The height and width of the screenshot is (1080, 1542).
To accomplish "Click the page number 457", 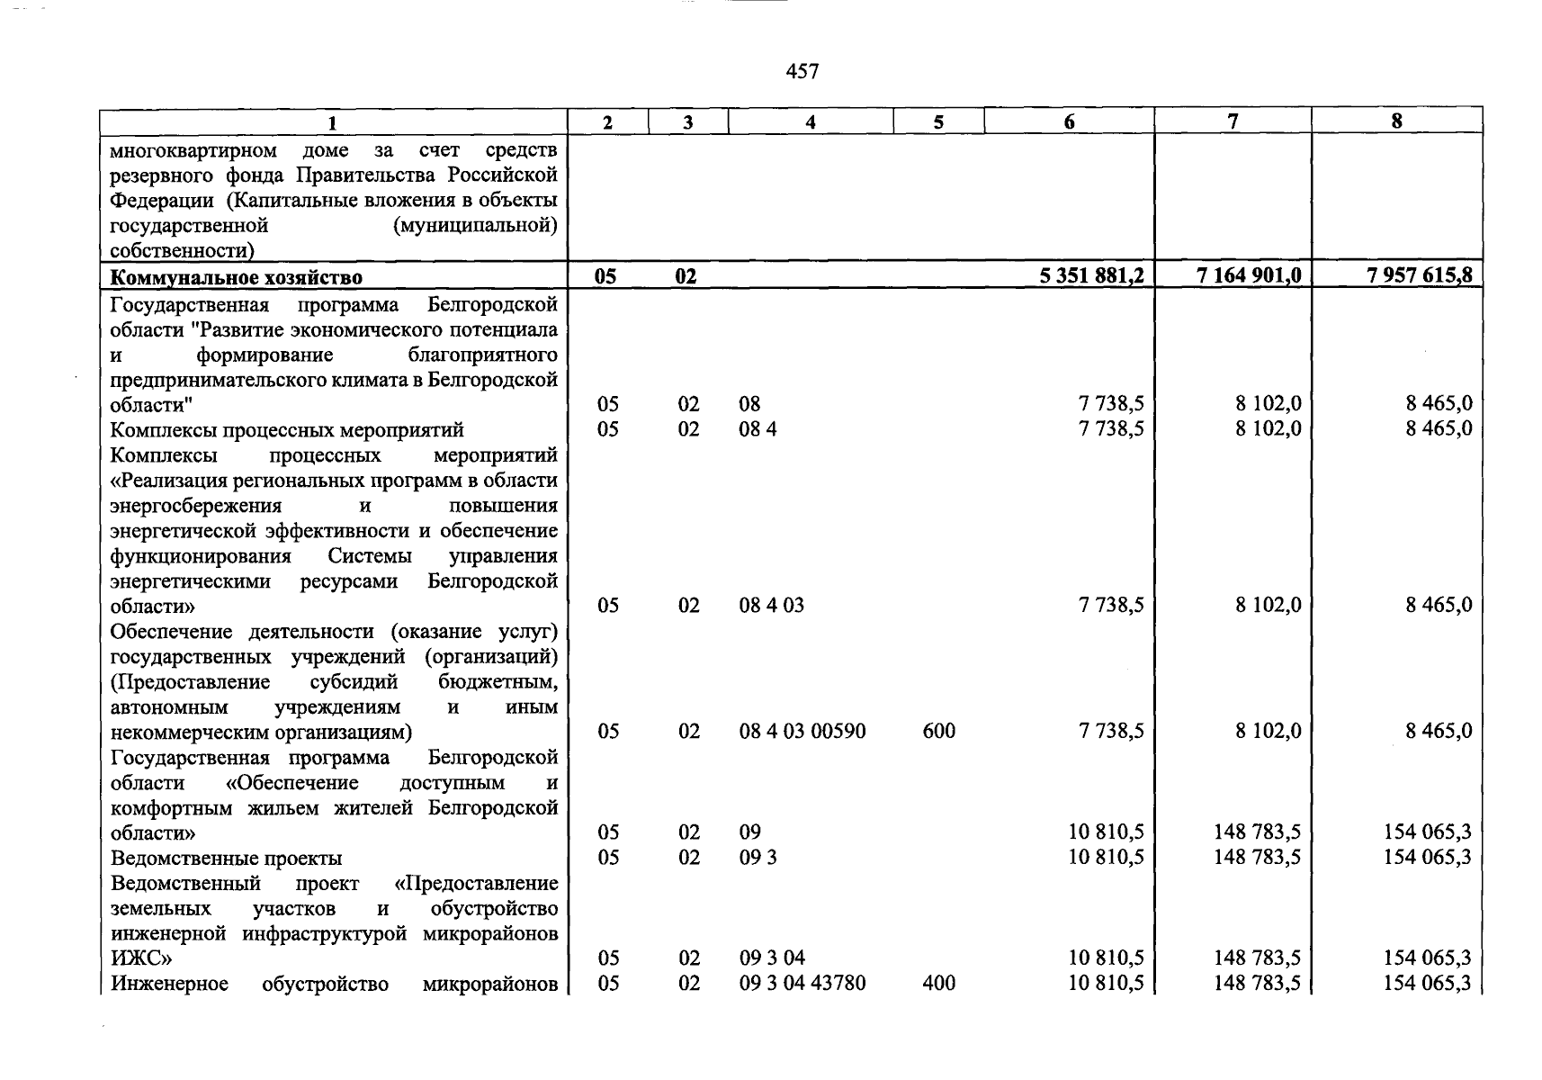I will pos(802,71).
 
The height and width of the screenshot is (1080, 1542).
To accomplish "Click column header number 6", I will pos(1069,121).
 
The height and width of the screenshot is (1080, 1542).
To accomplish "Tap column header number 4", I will pos(810,121).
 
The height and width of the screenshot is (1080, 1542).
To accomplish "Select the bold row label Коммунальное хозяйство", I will pos(237,276).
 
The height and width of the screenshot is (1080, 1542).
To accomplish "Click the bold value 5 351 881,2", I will pos(1091,275).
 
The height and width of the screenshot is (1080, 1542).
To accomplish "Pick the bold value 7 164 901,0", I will pos(1249,275).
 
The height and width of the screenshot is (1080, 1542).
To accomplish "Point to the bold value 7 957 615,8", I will pos(1419,275).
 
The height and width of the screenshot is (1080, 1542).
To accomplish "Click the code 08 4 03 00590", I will pos(802,731).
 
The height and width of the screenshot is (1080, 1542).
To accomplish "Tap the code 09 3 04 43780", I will pos(802,983).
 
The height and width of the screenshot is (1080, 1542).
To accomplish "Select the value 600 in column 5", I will pos(938,731).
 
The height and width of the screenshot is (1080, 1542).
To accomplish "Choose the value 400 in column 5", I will pos(938,983).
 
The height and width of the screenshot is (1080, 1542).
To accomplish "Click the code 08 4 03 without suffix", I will pos(771,605).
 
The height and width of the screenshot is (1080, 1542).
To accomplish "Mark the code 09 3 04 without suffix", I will pos(771,958).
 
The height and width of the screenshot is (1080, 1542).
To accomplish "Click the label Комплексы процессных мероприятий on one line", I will pos(287,430).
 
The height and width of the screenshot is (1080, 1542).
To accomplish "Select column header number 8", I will pos(1396,121).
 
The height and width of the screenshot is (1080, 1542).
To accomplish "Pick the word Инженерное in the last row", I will pos(169,984).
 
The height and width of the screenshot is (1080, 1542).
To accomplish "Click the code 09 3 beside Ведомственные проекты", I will pos(758,857).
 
